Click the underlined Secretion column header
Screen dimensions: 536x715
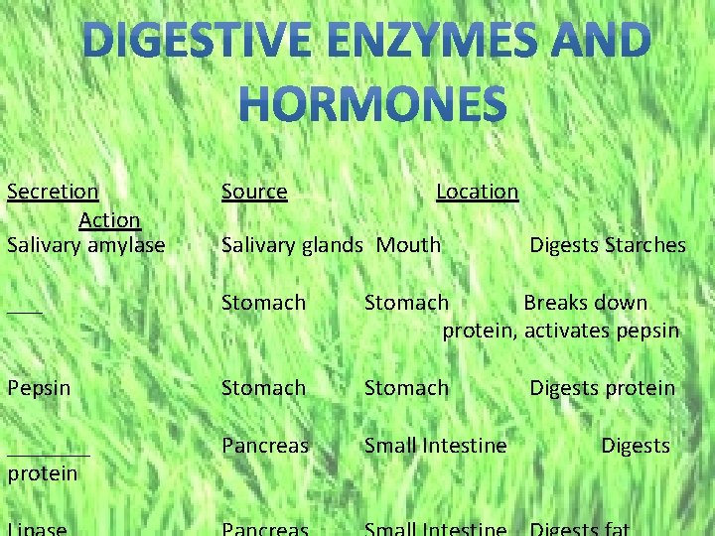[53, 191]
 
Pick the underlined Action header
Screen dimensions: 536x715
[109, 218]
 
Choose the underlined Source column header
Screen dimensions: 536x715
[254, 191]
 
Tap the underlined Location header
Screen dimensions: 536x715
[478, 191]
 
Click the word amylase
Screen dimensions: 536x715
[126, 244]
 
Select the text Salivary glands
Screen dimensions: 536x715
[291, 244]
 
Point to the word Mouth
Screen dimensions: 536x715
[408, 244]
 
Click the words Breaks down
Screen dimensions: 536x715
[585, 302]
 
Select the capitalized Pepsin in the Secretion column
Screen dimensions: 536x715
[39, 387]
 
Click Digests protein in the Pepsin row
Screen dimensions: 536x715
[602, 387]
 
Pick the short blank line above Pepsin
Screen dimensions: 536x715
[24, 312]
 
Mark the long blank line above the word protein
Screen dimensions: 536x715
[48, 455]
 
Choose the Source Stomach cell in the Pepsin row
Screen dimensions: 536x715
[263, 387]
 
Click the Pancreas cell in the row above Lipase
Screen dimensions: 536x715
[265, 446]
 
